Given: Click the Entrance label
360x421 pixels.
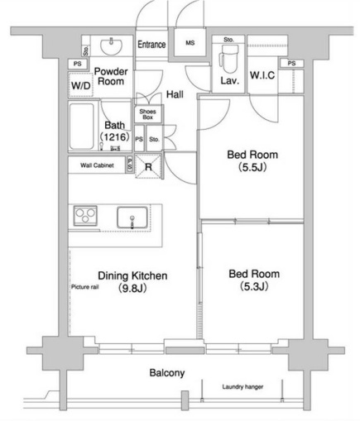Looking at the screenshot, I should point(151,45).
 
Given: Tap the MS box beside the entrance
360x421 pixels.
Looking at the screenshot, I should point(190,44).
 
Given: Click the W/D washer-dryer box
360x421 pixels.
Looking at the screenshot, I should point(80,85).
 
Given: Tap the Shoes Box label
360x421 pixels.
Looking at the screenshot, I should point(147,114).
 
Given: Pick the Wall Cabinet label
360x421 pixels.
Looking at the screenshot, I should point(97,165).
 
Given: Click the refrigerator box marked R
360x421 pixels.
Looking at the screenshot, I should point(148,165).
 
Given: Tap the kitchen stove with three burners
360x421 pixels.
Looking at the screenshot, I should point(86,217).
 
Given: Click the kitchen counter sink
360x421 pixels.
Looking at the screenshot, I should point(132,219).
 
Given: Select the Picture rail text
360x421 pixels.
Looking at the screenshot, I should point(85,287).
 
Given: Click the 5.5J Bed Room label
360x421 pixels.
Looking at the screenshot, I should point(252,160).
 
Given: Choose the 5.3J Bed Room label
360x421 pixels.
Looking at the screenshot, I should point(252,280).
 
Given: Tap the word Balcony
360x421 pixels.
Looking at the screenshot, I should point(166,373).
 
